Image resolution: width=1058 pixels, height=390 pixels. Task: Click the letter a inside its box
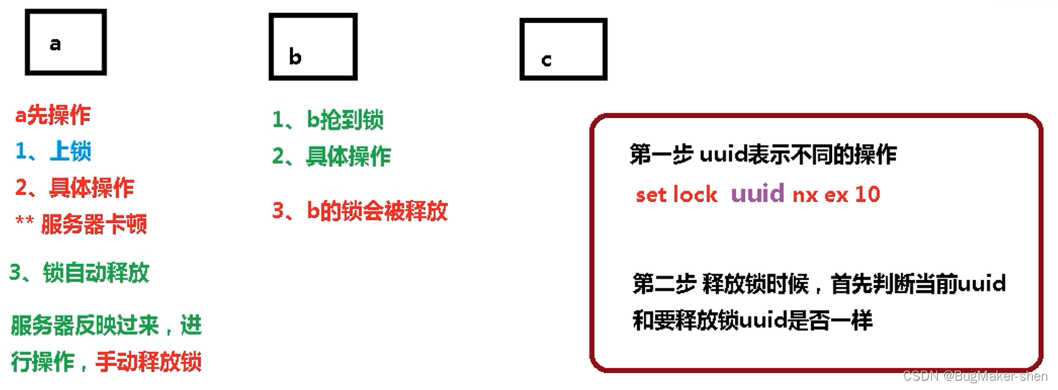(x=55, y=44)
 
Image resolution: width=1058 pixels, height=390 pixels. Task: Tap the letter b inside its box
(x=295, y=57)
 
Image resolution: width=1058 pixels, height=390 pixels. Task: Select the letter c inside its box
(x=546, y=60)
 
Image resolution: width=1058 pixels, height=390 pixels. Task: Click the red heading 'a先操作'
(x=53, y=115)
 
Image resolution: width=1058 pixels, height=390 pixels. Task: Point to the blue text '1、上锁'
(x=53, y=151)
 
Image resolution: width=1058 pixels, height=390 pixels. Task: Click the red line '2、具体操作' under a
(x=74, y=188)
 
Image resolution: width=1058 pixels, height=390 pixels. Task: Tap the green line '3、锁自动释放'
(x=79, y=273)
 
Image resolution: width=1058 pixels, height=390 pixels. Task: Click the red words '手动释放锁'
(x=148, y=361)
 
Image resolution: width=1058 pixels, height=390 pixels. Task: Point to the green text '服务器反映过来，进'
(x=107, y=326)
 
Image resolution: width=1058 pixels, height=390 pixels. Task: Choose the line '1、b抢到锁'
(x=327, y=119)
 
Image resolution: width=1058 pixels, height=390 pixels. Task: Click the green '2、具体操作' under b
(x=331, y=156)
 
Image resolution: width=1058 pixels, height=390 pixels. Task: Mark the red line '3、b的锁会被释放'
(x=360, y=211)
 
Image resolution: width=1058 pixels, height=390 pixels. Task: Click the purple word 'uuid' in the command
(x=757, y=194)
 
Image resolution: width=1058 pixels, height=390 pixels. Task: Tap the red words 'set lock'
(x=677, y=194)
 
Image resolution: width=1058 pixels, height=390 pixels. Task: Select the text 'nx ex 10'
(x=836, y=194)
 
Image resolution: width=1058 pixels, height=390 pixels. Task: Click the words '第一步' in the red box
(x=661, y=155)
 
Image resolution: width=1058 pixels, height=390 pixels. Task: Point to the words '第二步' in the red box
(x=664, y=284)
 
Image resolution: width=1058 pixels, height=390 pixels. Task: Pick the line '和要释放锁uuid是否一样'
(x=752, y=319)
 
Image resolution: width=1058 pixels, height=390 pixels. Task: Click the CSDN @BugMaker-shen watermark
(x=975, y=376)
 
